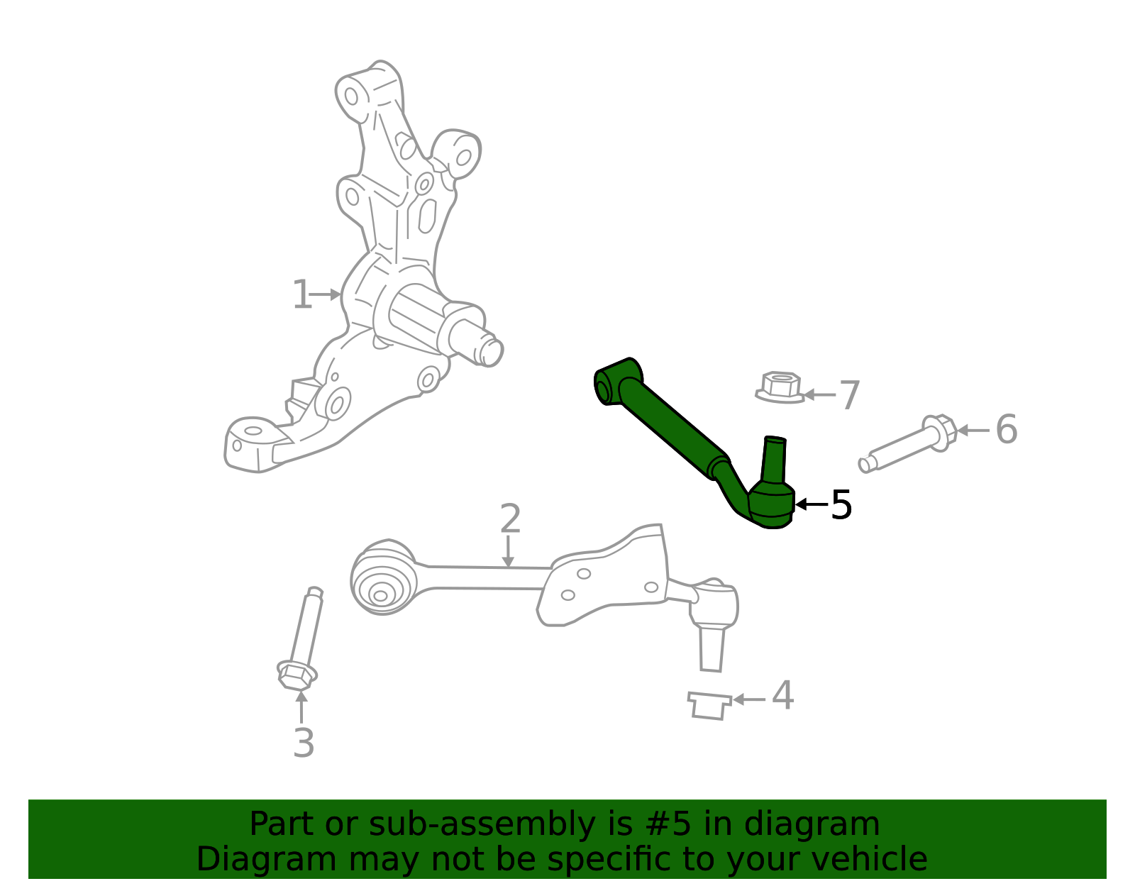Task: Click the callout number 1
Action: coord(301,294)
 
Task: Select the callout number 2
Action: coord(510,519)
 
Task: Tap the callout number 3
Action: coord(304,743)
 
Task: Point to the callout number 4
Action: coord(782,696)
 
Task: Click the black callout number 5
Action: coord(841,505)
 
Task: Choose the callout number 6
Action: coord(1006,430)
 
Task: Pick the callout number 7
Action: coord(849,395)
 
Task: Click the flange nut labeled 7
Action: coord(780,387)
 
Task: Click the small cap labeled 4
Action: coord(709,707)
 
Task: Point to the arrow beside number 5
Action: coord(812,504)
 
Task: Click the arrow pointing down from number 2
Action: coord(508,552)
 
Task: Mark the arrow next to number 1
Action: coord(326,294)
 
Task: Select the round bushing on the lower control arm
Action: coord(382,579)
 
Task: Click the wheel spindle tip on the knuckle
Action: coord(490,350)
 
